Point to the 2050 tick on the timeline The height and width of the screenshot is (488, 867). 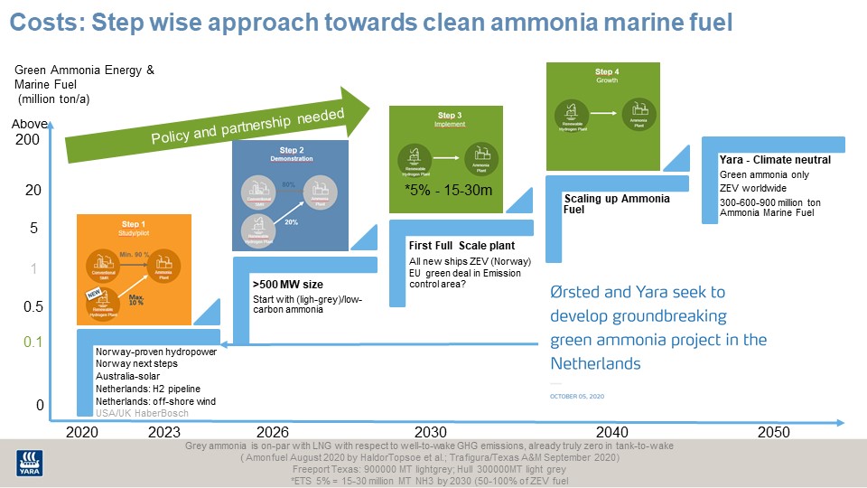[x=773, y=433]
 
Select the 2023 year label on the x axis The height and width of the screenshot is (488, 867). [x=165, y=433]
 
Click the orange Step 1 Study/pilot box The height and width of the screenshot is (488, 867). [x=134, y=269]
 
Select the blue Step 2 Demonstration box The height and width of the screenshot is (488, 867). [x=290, y=193]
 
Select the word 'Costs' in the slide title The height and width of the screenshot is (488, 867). [x=42, y=21]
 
